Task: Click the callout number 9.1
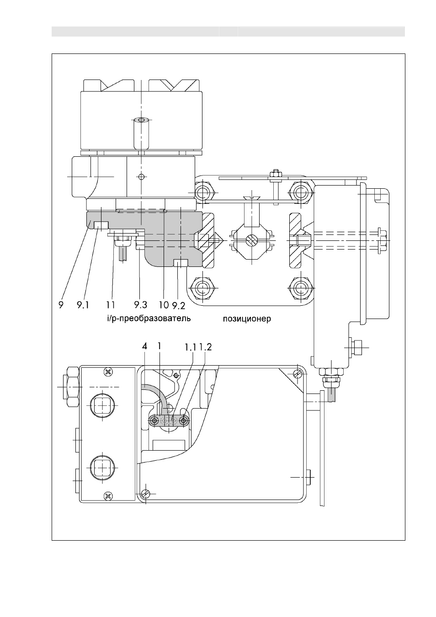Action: (x=83, y=305)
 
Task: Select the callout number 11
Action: (x=111, y=305)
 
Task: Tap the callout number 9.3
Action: (x=140, y=305)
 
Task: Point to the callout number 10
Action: (x=164, y=305)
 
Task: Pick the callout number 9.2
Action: (x=179, y=305)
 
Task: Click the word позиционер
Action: (x=247, y=319)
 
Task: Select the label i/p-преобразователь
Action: (x=149, y=319)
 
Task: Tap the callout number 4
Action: (x=144, y=346)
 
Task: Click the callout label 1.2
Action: (x=205, y=347)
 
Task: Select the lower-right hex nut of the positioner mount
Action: (x=302, y=288)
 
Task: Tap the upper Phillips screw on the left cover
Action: (x=108, y=372)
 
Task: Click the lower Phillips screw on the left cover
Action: (x=108, y=495)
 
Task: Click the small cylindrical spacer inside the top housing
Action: (x=141, y=133)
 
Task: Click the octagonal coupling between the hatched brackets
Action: (x=252, y=241)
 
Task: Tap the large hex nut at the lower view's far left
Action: (x=72, y=387)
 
